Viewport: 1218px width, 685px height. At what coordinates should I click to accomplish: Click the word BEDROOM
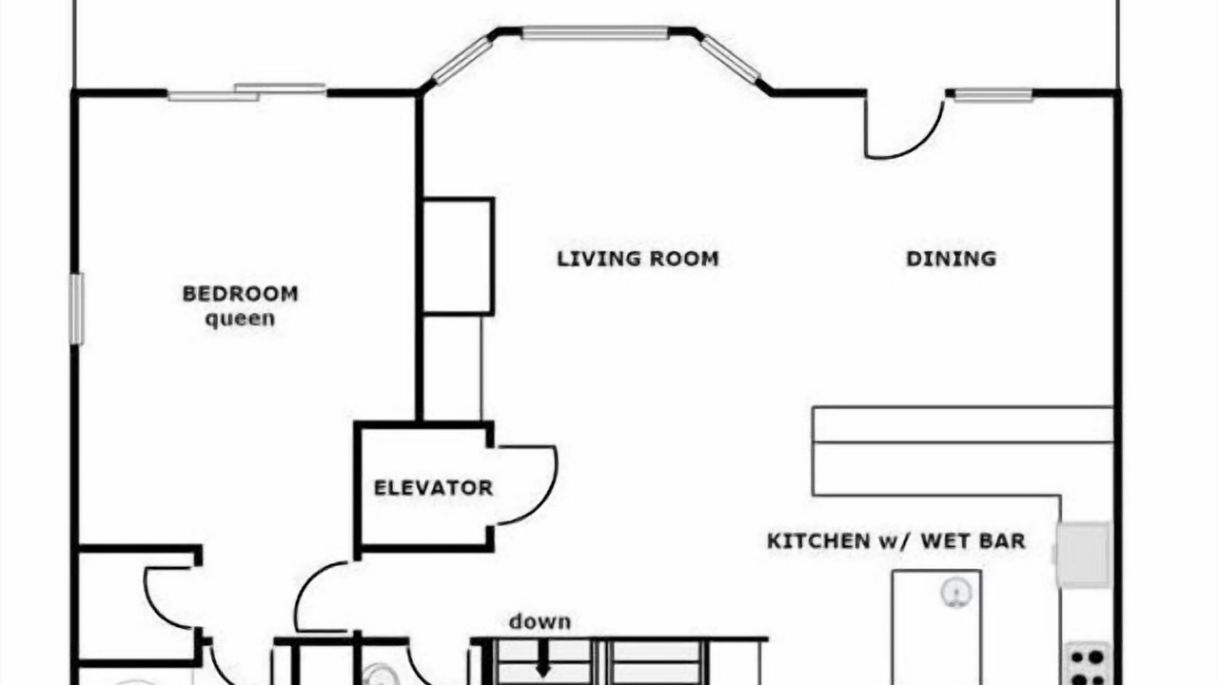click(x=241, y=294)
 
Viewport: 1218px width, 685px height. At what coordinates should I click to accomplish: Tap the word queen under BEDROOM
click(x=240, y=319)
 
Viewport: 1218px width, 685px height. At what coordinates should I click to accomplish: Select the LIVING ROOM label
click(x=638, y=259)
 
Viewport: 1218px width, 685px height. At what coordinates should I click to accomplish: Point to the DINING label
click(x=951, y=259)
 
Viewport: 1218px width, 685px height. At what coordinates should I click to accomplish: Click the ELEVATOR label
click(x=433, y=488)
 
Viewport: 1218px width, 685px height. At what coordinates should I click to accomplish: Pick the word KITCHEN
click(x=818, y=541)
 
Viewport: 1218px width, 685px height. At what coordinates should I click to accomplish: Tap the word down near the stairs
click(x=540, y=621)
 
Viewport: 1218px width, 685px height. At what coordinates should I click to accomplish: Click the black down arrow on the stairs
click(x=543, y=659)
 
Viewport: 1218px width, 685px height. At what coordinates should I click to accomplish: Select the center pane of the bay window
click(x=596, y=32)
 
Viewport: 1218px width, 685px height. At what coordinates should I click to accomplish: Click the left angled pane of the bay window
click(x=462, y=60)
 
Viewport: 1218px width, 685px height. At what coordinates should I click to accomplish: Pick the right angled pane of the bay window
click(x=729, y=59)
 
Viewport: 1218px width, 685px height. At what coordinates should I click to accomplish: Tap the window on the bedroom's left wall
click(x=77, y=309)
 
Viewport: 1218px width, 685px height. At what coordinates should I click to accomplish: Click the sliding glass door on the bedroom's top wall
click(x=246, y=92)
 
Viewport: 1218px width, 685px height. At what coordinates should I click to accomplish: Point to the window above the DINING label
click(x=993, y=95)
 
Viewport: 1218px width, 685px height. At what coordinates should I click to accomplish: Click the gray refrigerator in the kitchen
click(x=1084, y=555)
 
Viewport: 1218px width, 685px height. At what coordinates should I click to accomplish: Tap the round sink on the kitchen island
click(x=956, y=592)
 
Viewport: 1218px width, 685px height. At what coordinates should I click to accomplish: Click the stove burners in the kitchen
click(x=1089, y=665)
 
